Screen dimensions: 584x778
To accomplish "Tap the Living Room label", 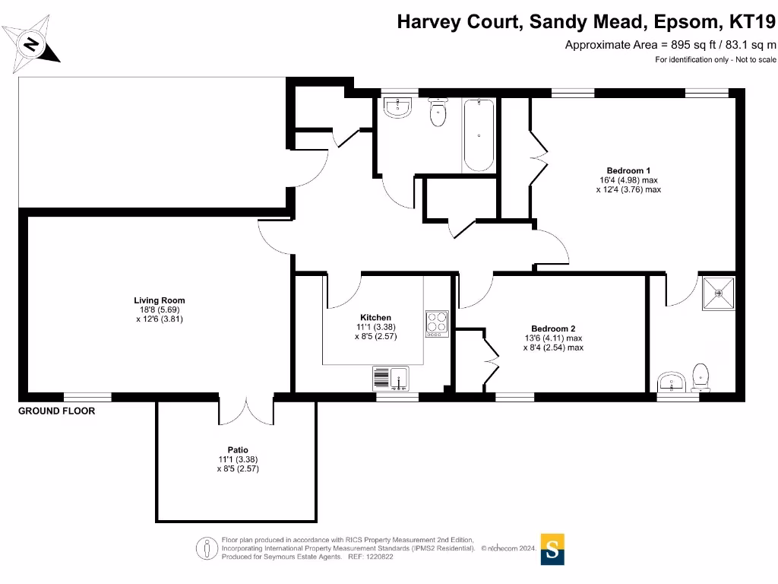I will click(160, 300).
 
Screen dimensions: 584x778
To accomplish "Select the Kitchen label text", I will click(375, 317).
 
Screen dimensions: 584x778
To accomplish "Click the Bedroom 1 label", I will click(628, 170).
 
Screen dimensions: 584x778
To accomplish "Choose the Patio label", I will click(237, 449).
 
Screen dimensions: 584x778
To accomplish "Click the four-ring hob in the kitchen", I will click(437, 323).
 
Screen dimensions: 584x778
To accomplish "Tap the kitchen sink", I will click(391, 378).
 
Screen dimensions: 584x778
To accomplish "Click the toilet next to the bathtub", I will click(438, 114).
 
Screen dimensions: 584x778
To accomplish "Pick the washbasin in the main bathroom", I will click(397, 108).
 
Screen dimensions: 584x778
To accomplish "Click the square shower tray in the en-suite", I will click(718, 293).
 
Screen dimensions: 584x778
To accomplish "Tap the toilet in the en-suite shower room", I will click(701, 376).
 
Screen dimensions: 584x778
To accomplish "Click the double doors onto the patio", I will click(246, 411).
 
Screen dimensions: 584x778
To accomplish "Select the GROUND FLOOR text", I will click(57, 411).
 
